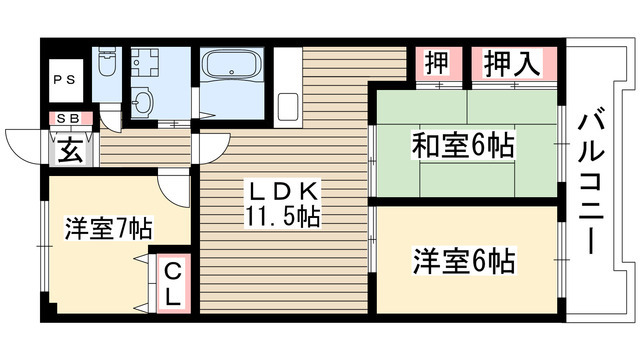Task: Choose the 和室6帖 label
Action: click(463, 147)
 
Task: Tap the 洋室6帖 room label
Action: click(464, 262)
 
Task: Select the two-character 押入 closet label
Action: click(513, 65)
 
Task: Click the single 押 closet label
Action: click(437, 65)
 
